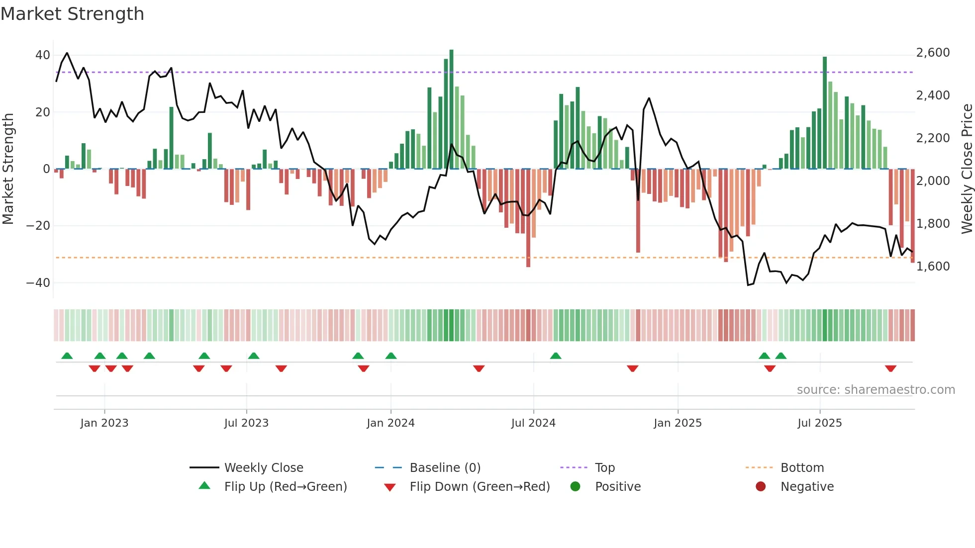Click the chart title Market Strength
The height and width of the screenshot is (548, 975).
pos(72,14)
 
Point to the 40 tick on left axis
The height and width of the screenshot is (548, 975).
pos(42,55)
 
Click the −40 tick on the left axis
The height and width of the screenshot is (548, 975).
pos(38,283)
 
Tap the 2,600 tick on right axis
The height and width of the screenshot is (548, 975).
pos(933,53)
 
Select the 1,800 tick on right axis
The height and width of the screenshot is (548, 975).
pos(933,224)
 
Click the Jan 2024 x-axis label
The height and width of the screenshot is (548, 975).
pos(390,423)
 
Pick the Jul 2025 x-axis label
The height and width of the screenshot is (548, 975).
pos(819,423)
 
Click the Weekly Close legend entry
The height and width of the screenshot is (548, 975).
pos(263,468)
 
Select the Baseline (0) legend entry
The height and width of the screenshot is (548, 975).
pos(445,468)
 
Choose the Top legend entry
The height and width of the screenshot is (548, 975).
pos(604,468)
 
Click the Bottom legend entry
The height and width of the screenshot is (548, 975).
pos(802,468)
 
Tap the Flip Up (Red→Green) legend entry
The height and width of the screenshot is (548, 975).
pos(285,487)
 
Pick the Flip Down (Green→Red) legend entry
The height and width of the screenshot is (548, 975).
pos(480,487)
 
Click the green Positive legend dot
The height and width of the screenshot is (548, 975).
pos(575,487)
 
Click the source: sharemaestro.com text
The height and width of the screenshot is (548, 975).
pos(876,390)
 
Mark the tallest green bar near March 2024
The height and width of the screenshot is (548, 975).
pos(451,109)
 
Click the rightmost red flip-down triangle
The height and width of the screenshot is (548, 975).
pos(890,368)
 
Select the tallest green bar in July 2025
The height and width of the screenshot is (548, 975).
pos(825,113)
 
